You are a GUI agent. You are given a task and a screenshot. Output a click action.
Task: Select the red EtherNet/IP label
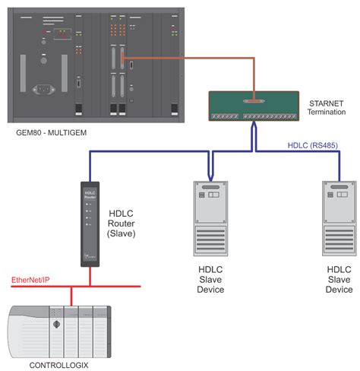31,281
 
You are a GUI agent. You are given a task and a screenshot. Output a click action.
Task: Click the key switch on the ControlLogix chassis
55,325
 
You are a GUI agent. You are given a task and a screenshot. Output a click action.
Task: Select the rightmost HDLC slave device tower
338,220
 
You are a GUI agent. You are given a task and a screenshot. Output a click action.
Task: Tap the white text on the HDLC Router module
90,193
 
